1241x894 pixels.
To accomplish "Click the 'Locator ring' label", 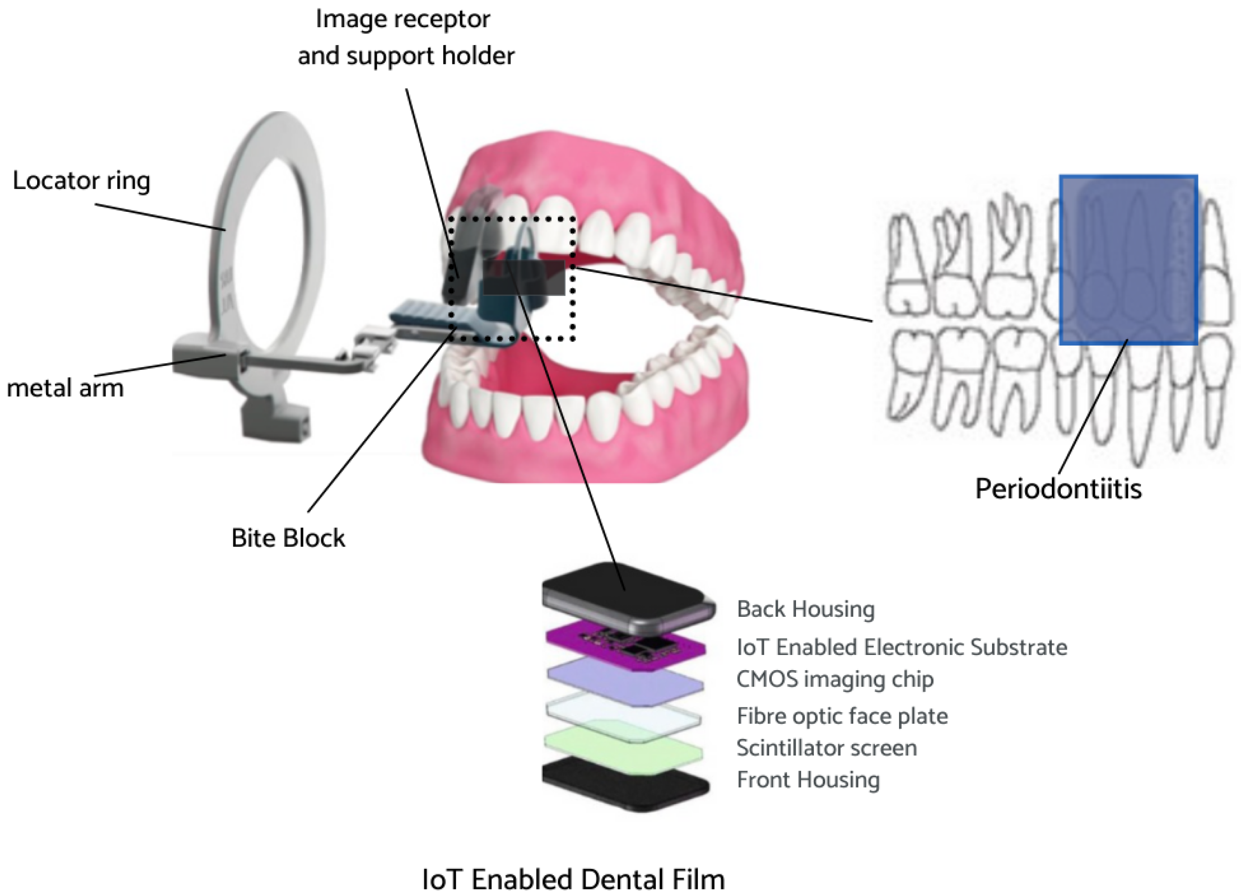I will (x=81, y=181).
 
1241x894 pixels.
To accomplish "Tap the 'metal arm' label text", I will (x=65, y=389).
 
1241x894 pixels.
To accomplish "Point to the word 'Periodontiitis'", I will (x=1058, y=489).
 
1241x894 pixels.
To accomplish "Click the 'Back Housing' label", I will (x=805, y=609).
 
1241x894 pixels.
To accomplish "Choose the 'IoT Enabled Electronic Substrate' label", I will (x=902, y=647).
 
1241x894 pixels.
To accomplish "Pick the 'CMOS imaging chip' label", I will (x=835, y=679).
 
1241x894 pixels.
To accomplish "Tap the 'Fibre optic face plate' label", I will (x=842, y=716).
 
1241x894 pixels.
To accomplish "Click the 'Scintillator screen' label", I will (x=827, y=748).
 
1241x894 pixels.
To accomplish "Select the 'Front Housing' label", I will (x=808, y=780).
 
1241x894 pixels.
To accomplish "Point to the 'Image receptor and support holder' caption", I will (x=405, y=37).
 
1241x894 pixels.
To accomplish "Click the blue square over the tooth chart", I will (x=1128, y=260).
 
